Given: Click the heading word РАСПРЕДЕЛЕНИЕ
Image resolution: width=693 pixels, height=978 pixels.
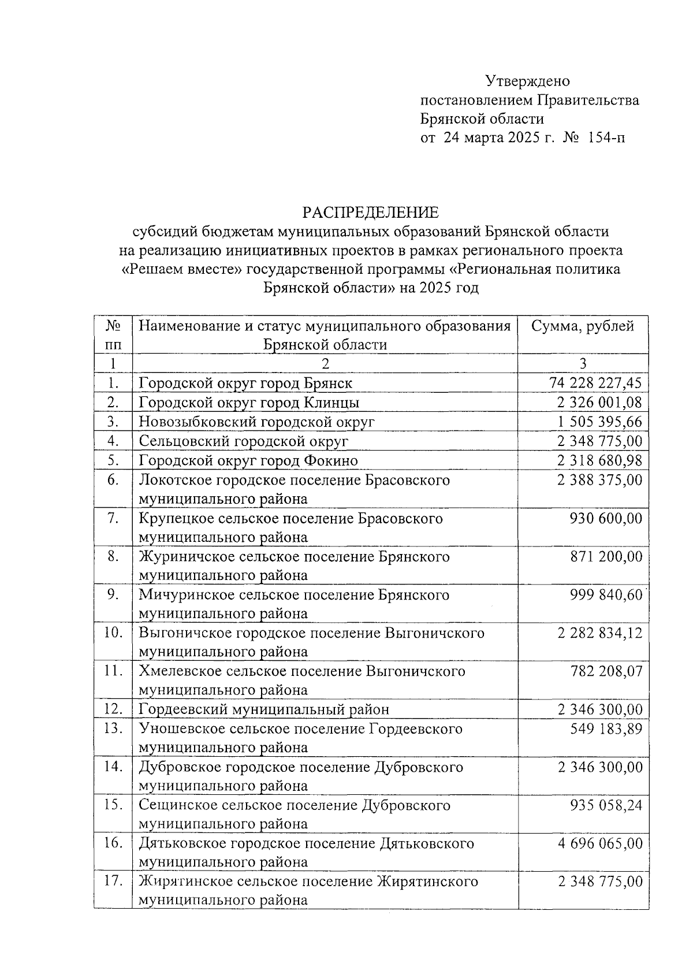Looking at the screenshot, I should (x=371, y=212).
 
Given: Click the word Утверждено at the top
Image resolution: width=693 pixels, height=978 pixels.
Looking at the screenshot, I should (x=527, y=80).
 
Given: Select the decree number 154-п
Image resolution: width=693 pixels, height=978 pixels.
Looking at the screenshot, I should (x=606, y=138).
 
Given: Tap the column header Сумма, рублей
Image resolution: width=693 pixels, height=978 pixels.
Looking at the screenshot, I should (x=583, y=326).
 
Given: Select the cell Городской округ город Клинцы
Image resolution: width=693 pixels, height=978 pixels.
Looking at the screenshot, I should (x=249, y=403).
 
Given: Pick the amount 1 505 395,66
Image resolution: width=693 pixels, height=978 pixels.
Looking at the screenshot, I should (x=599, y=422).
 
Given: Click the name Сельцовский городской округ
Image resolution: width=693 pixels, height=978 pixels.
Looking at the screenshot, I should (x=243, y=441).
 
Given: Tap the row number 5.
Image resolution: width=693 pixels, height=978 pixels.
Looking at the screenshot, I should (x=113, y=460).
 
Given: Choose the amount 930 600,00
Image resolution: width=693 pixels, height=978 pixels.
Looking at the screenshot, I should (x=606, y=518).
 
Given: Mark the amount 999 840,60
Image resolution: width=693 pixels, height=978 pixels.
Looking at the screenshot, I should (x=606, y=595).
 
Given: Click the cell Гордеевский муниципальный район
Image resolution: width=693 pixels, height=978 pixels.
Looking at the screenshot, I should (x=264, y=709).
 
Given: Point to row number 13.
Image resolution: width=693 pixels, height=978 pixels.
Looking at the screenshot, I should (x=113, y=728).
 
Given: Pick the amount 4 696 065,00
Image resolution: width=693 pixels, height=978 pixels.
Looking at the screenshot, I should (x=599, y=843).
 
